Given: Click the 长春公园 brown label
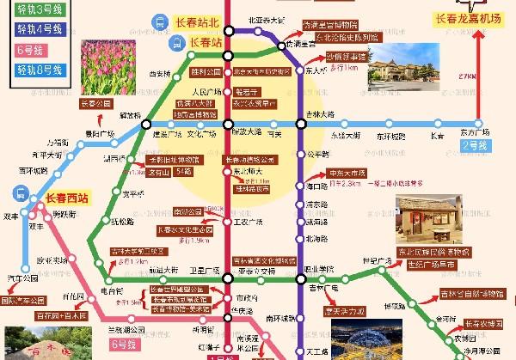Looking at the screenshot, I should pos(95,104).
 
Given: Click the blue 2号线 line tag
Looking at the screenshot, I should pos(475,147).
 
